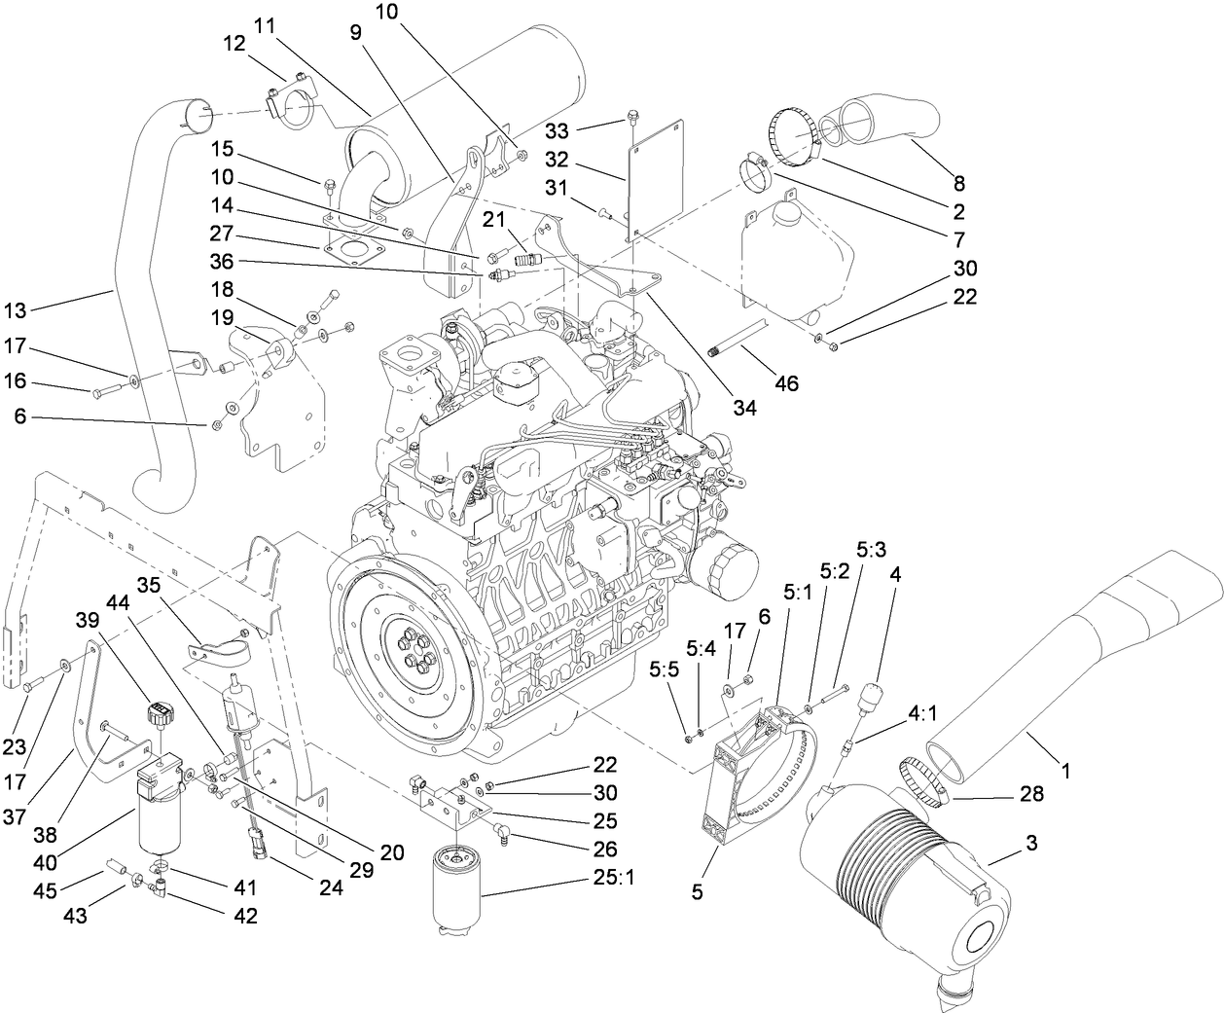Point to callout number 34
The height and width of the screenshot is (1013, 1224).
pos(743,408)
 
